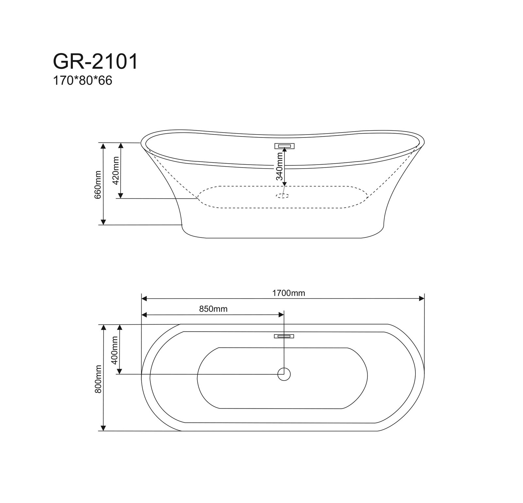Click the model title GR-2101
coord(95,62)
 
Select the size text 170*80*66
coord(83,81)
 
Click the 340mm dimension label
coord(279,167)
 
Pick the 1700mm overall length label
coord(289,293)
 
